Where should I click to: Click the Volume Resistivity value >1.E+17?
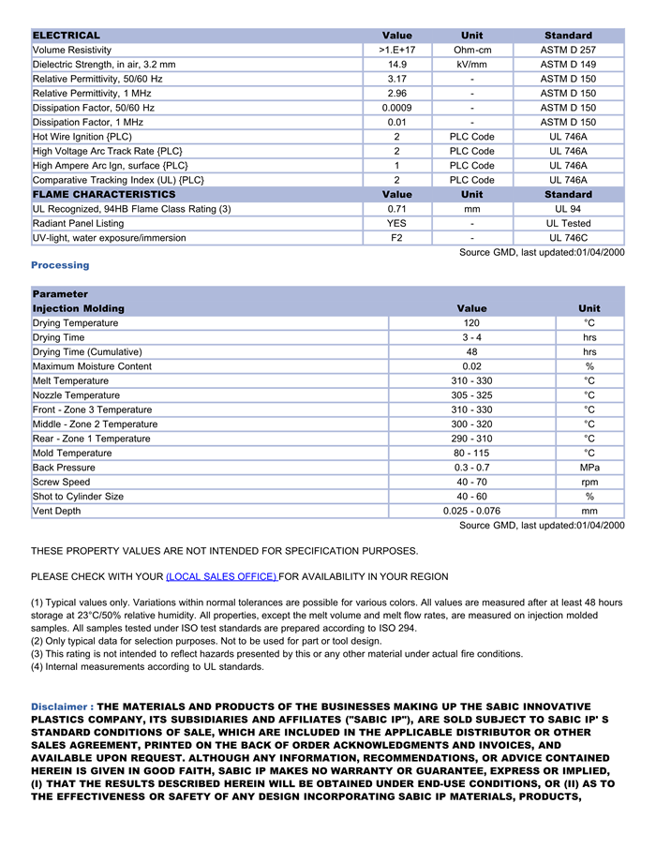[397, 50]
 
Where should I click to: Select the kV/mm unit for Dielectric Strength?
[472, 65]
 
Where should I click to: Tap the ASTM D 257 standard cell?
[568, 50]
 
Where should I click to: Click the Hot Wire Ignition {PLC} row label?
[82, 137]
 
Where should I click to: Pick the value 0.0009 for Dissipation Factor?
[397, 108]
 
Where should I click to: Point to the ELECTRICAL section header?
[67, 36]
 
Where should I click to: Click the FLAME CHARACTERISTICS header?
[104, 195]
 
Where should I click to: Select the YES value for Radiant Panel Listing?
[397, 224]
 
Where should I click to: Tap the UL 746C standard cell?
[568, 238]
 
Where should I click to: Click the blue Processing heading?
[60, 265]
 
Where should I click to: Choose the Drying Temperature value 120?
[471, 323]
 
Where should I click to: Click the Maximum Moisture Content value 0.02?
[471, 366]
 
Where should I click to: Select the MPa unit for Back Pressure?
[589, 468]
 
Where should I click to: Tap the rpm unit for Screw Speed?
[589, 483]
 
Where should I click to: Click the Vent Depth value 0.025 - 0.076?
[471, 512]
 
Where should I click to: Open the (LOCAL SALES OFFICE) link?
[221, 576]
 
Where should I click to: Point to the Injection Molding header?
[79, 308]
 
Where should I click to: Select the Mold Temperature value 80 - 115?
[471, 454]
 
